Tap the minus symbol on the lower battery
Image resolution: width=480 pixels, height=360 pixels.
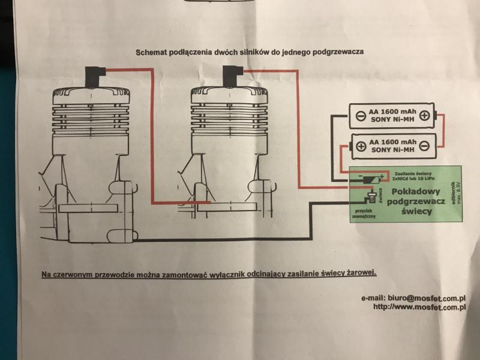424,146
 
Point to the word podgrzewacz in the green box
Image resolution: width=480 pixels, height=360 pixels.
415,202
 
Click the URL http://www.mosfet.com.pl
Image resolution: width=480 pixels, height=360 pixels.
420,307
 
